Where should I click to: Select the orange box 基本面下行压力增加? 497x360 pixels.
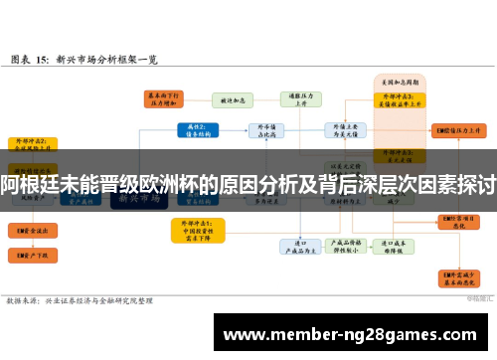[165, 98]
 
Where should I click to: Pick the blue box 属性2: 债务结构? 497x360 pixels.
[197, 130]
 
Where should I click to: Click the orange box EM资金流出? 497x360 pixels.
[29, 229]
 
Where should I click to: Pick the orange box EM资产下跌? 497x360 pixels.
[29, 256]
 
